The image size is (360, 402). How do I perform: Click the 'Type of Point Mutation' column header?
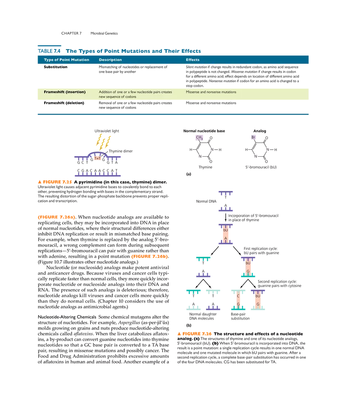click(x=66, y=60)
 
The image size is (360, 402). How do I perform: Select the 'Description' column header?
click(x=110, y=60)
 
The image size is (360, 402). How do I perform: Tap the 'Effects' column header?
click(x=193, y=60)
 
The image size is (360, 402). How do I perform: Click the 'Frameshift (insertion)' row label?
click(x=65, y=92)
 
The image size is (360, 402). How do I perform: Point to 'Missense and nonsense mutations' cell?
click(x=211, y=92)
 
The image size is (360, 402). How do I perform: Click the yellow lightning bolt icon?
click(x=103, y=141)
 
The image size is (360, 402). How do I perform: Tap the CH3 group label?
click(x=199, y=138)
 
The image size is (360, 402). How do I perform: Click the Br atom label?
click(x=253, y=137)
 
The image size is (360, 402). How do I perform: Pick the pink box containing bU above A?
click(x=225, y=234)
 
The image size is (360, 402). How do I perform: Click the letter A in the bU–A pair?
click(x=225, y=238)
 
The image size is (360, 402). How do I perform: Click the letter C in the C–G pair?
click(x=238, y=296)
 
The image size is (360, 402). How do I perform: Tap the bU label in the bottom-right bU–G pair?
click(x=257, y=296)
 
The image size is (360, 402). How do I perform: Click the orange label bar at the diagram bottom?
click(x=194, y=334)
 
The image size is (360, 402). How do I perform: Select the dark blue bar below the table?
click(x=173, y=115)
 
